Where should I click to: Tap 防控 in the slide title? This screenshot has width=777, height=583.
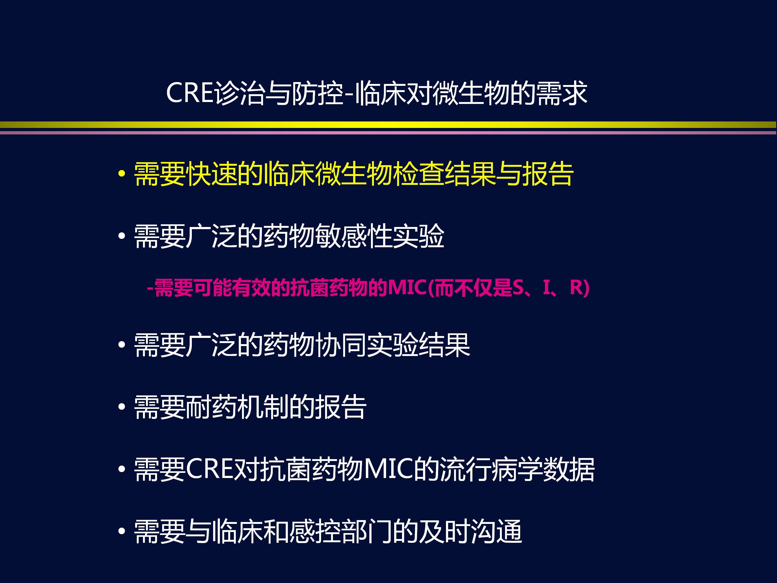318,93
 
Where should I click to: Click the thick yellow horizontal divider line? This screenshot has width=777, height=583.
388,125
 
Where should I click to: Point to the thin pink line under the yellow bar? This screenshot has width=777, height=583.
388,133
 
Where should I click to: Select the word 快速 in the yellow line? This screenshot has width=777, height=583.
212,174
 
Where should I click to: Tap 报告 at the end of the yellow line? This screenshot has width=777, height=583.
548,174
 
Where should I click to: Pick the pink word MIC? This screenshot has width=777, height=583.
407,287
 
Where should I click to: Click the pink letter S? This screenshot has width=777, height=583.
518,287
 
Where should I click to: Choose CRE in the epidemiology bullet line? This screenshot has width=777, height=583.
210,469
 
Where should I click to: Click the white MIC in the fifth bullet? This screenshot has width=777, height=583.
388,469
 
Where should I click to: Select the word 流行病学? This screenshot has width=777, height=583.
491,469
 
